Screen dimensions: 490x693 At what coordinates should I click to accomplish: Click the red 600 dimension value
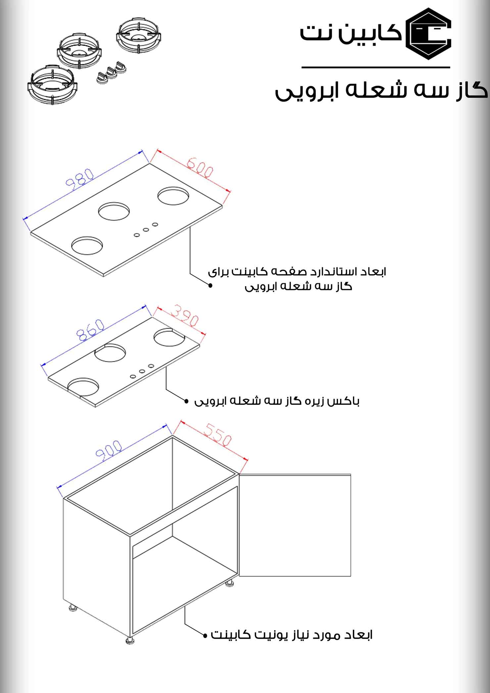[x=199, y=168]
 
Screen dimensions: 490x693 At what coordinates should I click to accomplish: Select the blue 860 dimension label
[x=90, y=330]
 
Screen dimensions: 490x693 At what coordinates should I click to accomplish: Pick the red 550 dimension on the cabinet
[x=217, y=435]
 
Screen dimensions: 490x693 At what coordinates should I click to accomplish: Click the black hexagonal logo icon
[x=430, y=34]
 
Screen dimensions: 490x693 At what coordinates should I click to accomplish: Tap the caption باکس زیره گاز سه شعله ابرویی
[x=277, y=401]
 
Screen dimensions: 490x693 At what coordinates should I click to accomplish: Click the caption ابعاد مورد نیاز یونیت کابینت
[x=292, y=635]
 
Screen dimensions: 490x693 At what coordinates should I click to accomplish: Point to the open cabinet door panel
[x=295, y=525]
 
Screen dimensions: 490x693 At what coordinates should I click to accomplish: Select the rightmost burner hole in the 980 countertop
[x=172, y=196]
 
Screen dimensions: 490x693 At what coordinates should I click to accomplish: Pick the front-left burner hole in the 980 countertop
[x=87, y=245]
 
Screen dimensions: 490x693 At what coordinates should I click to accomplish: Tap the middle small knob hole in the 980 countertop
[x=146, y=229]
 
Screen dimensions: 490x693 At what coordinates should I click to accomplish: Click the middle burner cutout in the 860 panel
[x=110, y=353]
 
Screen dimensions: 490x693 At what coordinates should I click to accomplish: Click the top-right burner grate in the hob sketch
[x=139, y=36]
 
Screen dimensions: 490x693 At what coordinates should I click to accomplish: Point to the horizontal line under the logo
[x=375, y=68]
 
